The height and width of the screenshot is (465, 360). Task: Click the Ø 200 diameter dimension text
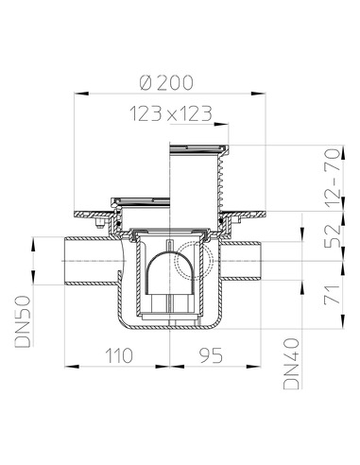[166, 82]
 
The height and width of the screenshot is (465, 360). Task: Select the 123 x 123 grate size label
[170, 113]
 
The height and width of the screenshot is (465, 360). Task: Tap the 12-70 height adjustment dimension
[333, 178]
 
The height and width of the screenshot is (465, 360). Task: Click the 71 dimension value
[333, 295]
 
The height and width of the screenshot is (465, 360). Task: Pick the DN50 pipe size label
[23, 321]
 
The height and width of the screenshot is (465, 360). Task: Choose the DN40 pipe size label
[291, 364]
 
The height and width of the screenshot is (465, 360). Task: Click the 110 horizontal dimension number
[118, 355]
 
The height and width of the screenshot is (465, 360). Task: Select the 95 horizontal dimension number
[211, 355]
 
